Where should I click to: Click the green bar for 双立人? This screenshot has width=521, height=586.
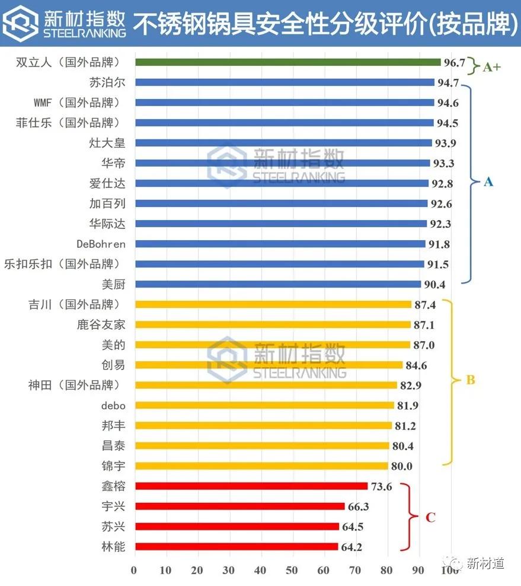(x=287, y=62)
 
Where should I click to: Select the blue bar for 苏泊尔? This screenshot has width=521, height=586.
(x=285, y=82)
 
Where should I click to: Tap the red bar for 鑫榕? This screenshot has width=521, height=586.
(x=251, y=486)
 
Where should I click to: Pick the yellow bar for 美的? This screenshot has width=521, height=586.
(x=273, y=345)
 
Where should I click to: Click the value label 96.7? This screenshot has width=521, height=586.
(x=455, y=63)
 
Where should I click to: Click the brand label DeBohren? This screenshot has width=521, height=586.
(x=101, y=244)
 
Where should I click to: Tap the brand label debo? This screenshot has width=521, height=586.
(x=113, y=405)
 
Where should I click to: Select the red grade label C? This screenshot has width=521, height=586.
(x=431, y=518)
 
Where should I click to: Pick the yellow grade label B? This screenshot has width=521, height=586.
(x=471, y=380)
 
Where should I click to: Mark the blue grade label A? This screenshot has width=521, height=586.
(x=488, y=181)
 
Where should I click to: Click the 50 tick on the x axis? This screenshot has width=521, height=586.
(x=292, y=571)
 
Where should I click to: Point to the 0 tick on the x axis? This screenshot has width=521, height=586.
(x=134, y=571)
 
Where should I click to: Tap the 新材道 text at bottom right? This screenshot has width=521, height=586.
(x=485, y=563)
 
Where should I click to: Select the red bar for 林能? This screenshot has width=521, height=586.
(x=236, y=547)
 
